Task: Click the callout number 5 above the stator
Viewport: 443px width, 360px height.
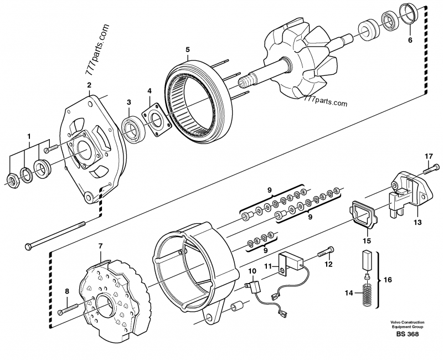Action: coord(188,50)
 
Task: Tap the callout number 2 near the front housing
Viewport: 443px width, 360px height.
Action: coord(89,85)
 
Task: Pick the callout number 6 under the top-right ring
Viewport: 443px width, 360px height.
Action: coord(410,40)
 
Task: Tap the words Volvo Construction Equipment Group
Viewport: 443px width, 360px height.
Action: coord(406,325)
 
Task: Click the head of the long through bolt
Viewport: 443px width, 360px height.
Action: coord(28,245)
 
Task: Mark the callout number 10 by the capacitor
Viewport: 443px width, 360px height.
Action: coord(252,270)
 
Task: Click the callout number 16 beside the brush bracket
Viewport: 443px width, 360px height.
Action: coord(387,280)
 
